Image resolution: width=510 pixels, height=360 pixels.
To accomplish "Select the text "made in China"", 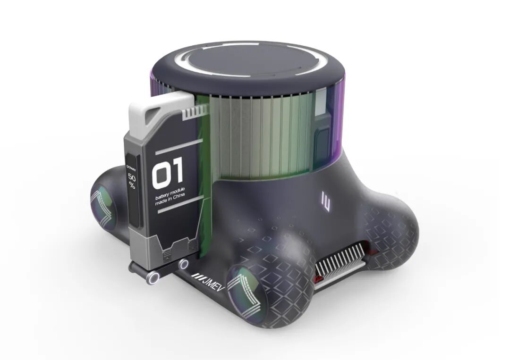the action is tap(170, 200).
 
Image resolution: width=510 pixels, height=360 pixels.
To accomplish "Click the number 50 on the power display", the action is tap(132, 178).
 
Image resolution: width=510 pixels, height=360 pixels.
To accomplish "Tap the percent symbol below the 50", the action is tap(132, 186).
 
